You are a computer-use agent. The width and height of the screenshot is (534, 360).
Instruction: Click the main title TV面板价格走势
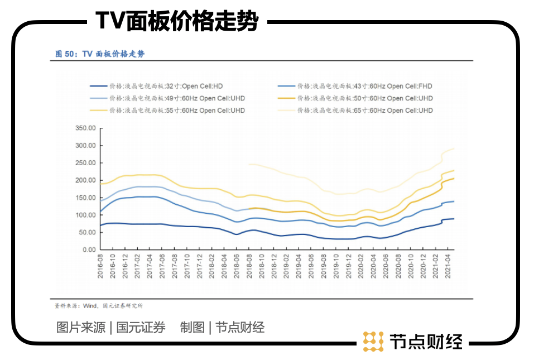[177, 22]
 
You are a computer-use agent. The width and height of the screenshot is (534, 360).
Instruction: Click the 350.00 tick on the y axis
[85, 128]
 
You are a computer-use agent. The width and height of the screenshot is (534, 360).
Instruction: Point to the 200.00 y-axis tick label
[85, 180]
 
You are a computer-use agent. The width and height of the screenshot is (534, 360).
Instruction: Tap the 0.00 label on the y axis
[89, 249]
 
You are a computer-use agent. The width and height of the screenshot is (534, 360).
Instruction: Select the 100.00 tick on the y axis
[85, 215]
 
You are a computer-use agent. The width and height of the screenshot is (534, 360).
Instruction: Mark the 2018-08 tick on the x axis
[247, 267]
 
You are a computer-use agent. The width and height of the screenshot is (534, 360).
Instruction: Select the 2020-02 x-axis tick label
[360, 267]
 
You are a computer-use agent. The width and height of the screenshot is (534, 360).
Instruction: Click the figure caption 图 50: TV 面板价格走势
[100, 54]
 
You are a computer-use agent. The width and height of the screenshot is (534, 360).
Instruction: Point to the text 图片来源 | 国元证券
[111, 328]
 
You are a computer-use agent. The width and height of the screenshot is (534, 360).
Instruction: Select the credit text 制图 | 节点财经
[222, 328]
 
